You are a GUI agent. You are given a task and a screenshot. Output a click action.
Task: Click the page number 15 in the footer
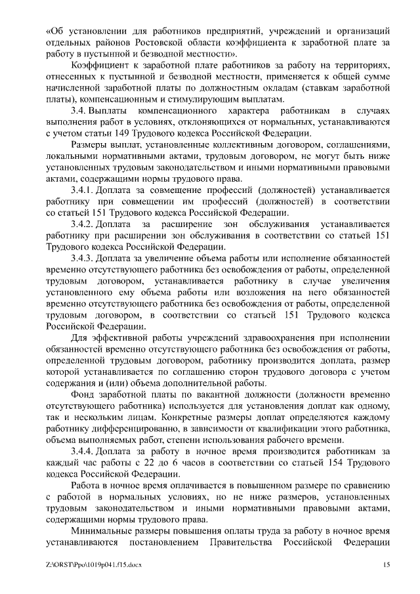[387, 564]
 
